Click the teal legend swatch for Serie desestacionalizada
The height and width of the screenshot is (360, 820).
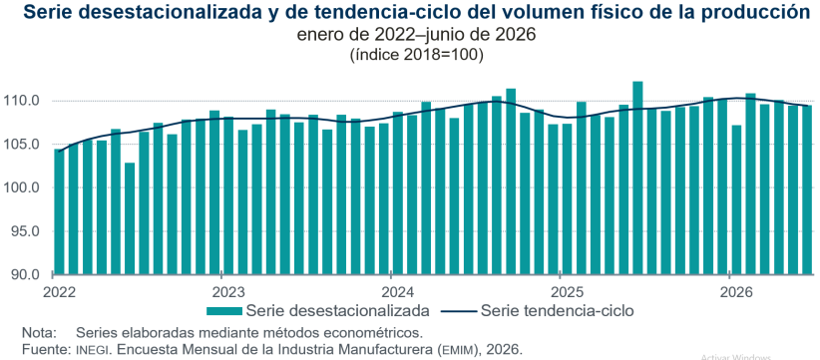click(224, 311)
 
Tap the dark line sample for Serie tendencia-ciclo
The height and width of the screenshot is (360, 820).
click(459, 311)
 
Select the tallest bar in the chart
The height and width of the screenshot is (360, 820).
click(637, 178)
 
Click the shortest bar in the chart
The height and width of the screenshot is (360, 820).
click(130, 218)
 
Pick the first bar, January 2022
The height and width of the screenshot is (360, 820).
click(59, 211)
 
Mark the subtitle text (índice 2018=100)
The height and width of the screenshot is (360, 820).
click(416, 54)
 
